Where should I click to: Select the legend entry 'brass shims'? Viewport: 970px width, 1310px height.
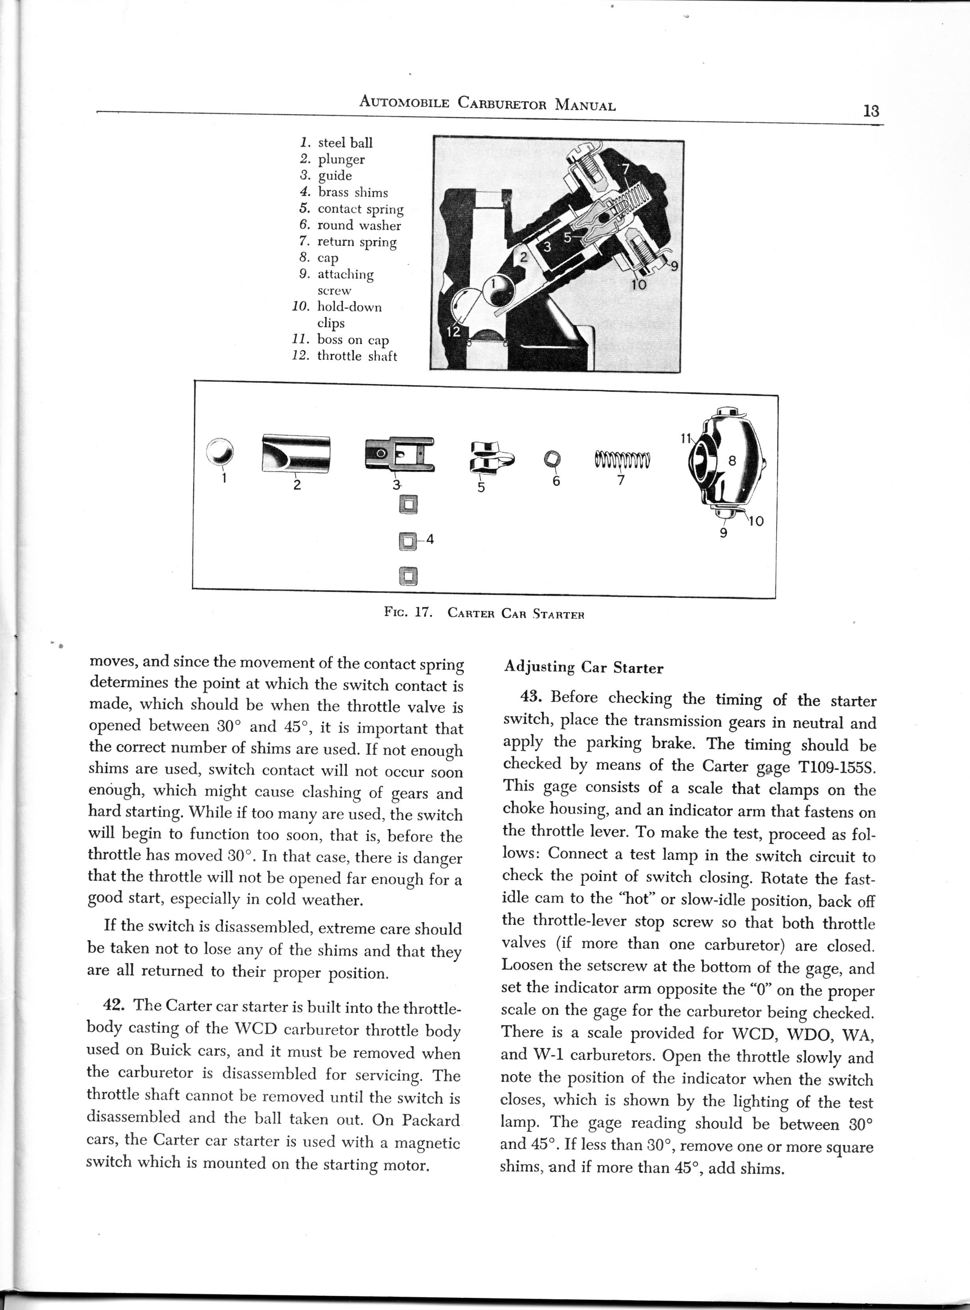point(352,193)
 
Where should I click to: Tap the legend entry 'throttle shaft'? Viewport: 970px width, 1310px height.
point(356,356)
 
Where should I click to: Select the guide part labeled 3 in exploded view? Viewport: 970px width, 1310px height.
point(399,454)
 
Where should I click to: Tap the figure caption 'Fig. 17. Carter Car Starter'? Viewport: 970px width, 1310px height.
point(485,614)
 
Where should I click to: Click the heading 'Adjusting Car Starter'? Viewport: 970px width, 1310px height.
point(584,668)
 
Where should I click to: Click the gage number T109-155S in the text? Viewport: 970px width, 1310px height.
point(827,768)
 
